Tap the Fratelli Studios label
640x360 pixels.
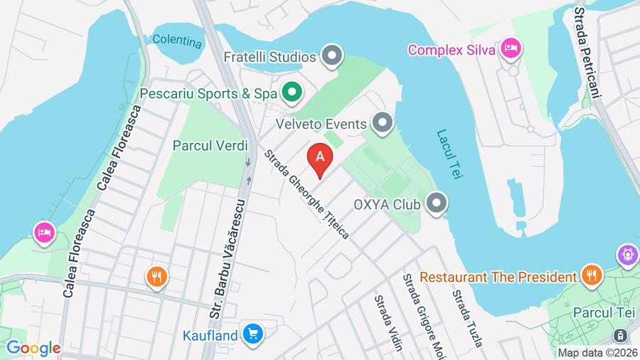tap(270, 55)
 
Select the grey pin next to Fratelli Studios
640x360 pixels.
tap(331, 55)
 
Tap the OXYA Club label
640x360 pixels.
tap(388, 205)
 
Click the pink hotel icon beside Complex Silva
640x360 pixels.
tap(511, 49)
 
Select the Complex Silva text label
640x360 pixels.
tap(452, 50)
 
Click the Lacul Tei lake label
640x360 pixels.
tap(449, 154)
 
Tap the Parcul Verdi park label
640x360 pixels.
tap(210, 145)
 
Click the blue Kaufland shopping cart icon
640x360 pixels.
tap(252, 332)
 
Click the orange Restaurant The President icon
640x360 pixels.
tap(590, 276)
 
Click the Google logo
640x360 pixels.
tap(33, 349)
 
